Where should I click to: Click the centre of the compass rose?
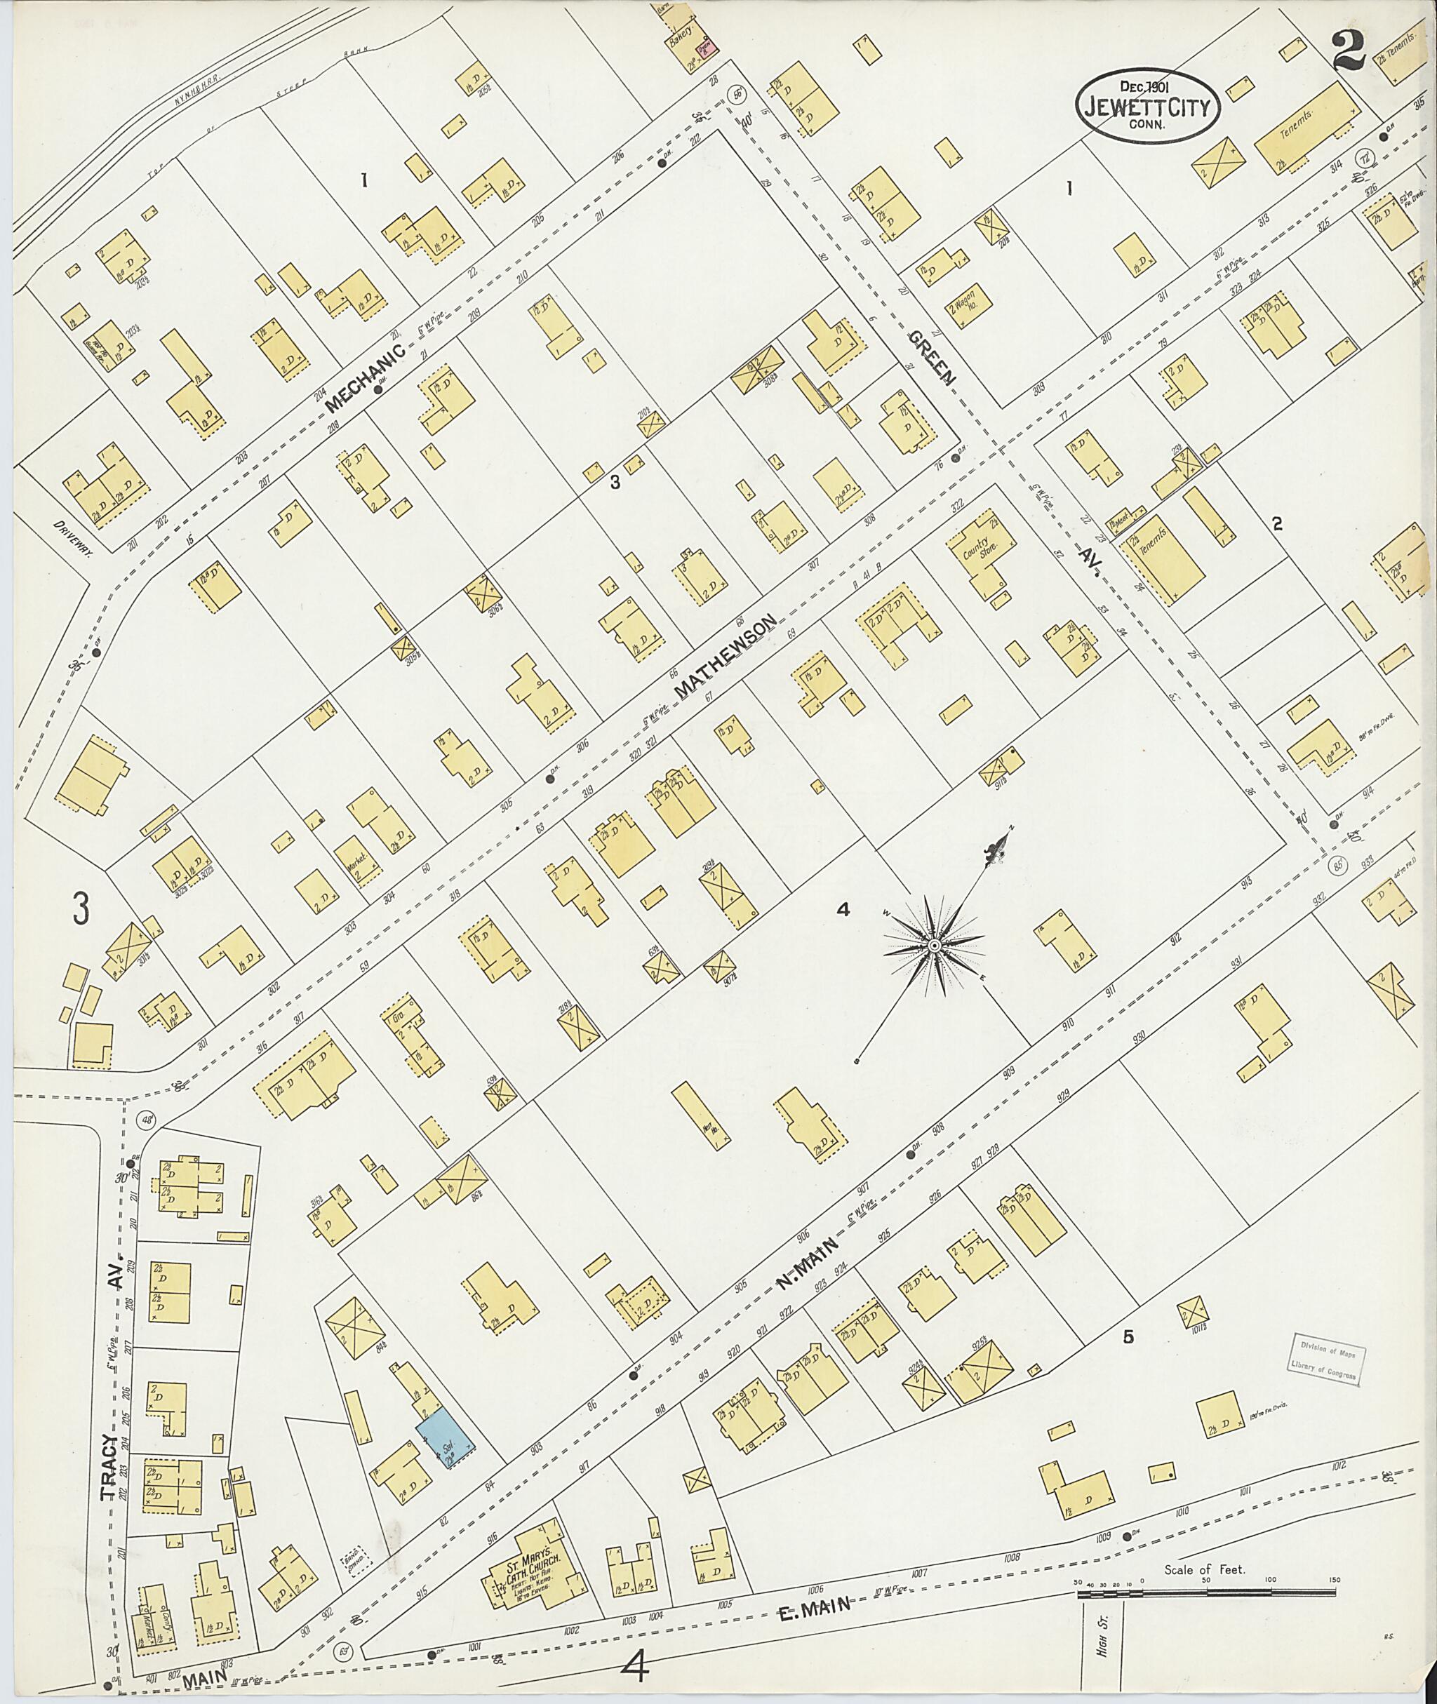click(x=935, y=945)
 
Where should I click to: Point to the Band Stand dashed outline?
click(x=356, y=1558)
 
